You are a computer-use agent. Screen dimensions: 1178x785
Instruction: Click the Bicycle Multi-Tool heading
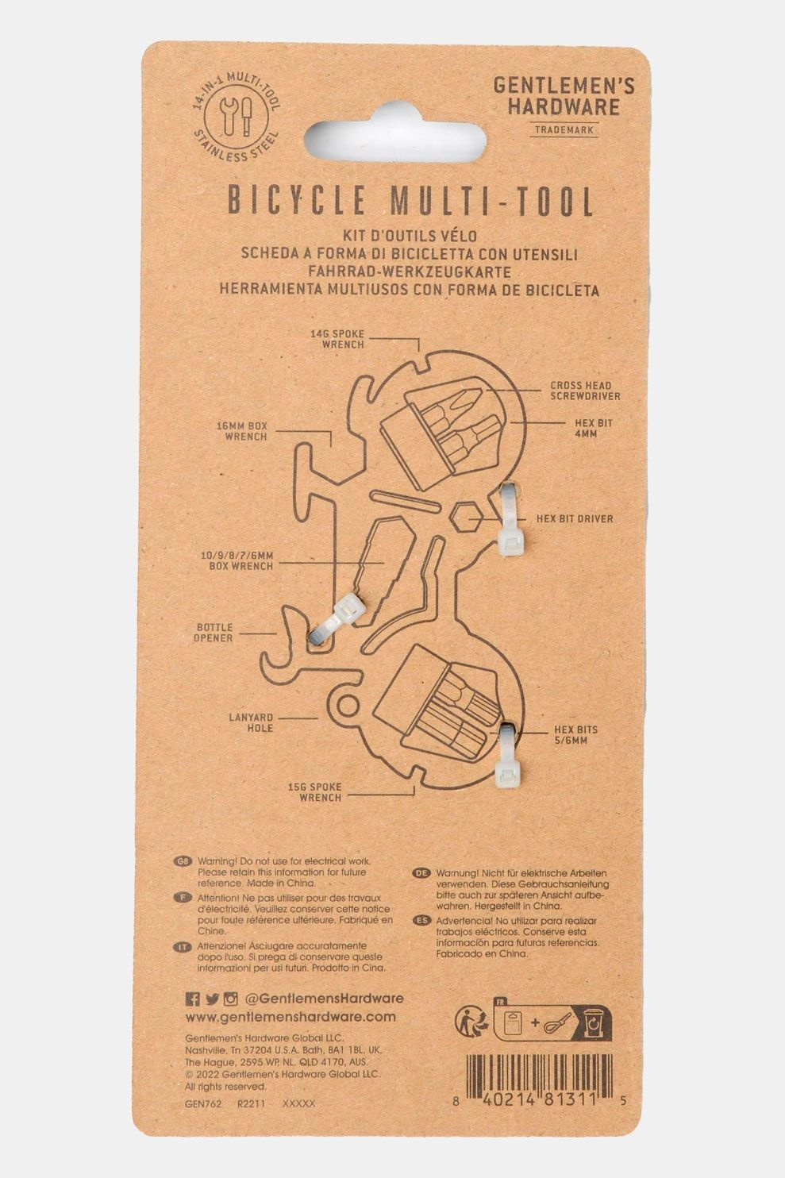coord(411,202)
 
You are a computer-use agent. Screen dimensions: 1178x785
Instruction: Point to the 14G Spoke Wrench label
coord(337,340)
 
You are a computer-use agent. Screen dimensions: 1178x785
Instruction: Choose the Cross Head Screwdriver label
coord(586,391)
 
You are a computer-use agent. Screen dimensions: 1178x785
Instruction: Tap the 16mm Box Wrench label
coord(241,431)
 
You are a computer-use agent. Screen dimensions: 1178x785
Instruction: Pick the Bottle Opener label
coord(214,633)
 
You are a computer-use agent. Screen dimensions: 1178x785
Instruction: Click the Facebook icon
coord(192,999)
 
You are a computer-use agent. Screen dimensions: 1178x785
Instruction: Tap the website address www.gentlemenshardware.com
coord(290,1017)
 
